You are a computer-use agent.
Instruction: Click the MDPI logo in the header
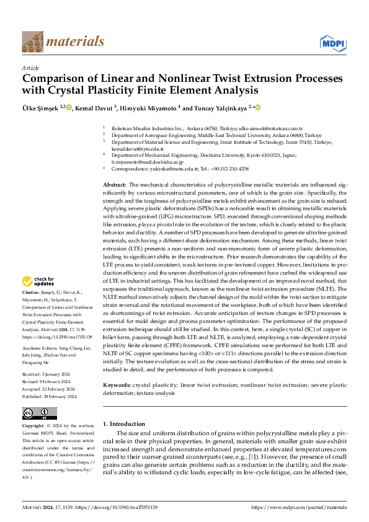pos(332,42)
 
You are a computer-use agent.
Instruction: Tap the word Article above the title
pos(30,67)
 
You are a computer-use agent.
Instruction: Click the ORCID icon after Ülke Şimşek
pos(69,107)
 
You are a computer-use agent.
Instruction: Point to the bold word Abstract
pos(114,185)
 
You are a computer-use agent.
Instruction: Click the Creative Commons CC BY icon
pos(40,414)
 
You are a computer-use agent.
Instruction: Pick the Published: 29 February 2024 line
pos(49,379)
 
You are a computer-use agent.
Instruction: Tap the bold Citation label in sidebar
pos(30,291)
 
